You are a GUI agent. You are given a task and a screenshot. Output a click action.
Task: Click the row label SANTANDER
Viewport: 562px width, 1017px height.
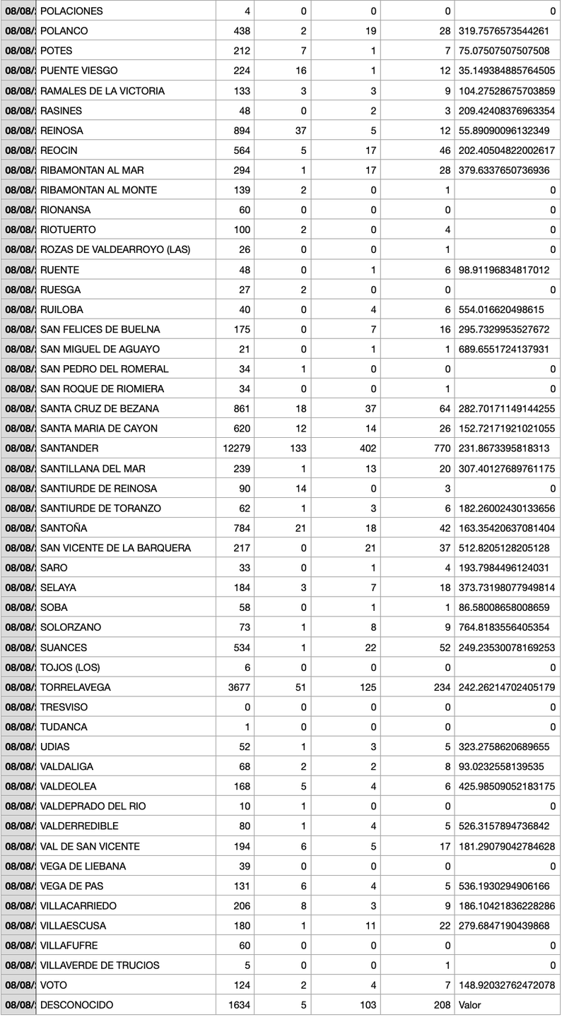[x=69, y=448]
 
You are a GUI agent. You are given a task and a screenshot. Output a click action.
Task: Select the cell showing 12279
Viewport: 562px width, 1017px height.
[x=237, y=448]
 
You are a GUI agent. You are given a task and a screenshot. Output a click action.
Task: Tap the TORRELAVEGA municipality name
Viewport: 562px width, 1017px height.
[x=76, y=687]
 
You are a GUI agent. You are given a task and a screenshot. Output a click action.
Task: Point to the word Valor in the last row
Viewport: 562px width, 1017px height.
[x=470, y=1004]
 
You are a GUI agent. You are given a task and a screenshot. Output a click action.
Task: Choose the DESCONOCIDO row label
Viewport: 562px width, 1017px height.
[x=76, y=1004]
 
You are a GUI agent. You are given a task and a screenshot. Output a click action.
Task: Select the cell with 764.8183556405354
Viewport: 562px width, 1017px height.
[x=507, y=627]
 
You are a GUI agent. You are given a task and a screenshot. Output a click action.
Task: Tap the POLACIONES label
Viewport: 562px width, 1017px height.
[x=71, y=11]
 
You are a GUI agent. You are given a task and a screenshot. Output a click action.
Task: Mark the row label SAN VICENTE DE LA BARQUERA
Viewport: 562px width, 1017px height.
[x=115, y=548]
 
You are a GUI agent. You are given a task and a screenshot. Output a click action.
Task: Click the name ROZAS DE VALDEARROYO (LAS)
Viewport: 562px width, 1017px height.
[x=115, y=249]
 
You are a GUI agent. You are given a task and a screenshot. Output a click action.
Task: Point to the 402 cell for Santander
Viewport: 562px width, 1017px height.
[x=368, y=448]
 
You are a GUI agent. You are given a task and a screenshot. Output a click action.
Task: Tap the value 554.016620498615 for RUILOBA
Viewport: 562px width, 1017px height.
[x=504, y=309]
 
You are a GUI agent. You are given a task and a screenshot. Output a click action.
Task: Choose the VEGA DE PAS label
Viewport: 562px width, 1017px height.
[x=73, y=886]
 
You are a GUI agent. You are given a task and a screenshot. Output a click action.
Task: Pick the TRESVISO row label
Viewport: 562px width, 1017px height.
[x=66, y=707]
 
